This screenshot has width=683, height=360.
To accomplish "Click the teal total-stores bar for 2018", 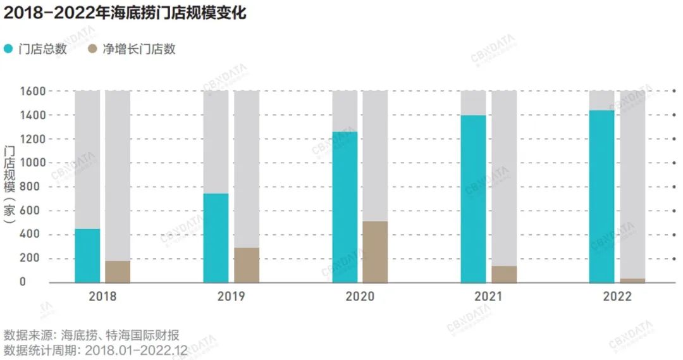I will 87,256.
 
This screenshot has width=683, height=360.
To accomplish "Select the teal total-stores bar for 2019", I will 216,238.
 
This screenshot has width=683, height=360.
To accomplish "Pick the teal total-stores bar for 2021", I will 473,199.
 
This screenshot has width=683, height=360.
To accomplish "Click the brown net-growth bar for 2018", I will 118,271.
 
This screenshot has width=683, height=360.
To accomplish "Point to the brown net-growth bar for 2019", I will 247,265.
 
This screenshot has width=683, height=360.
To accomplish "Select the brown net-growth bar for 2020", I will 375,252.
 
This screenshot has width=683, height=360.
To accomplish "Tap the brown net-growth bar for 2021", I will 504,274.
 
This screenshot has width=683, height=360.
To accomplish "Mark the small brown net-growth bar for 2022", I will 632,280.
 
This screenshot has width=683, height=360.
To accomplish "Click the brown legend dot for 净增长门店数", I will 92,49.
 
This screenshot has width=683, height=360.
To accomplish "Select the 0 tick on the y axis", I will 40,282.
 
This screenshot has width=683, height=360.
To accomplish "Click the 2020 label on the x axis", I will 360,296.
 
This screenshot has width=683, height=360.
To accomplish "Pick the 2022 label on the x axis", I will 617,296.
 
